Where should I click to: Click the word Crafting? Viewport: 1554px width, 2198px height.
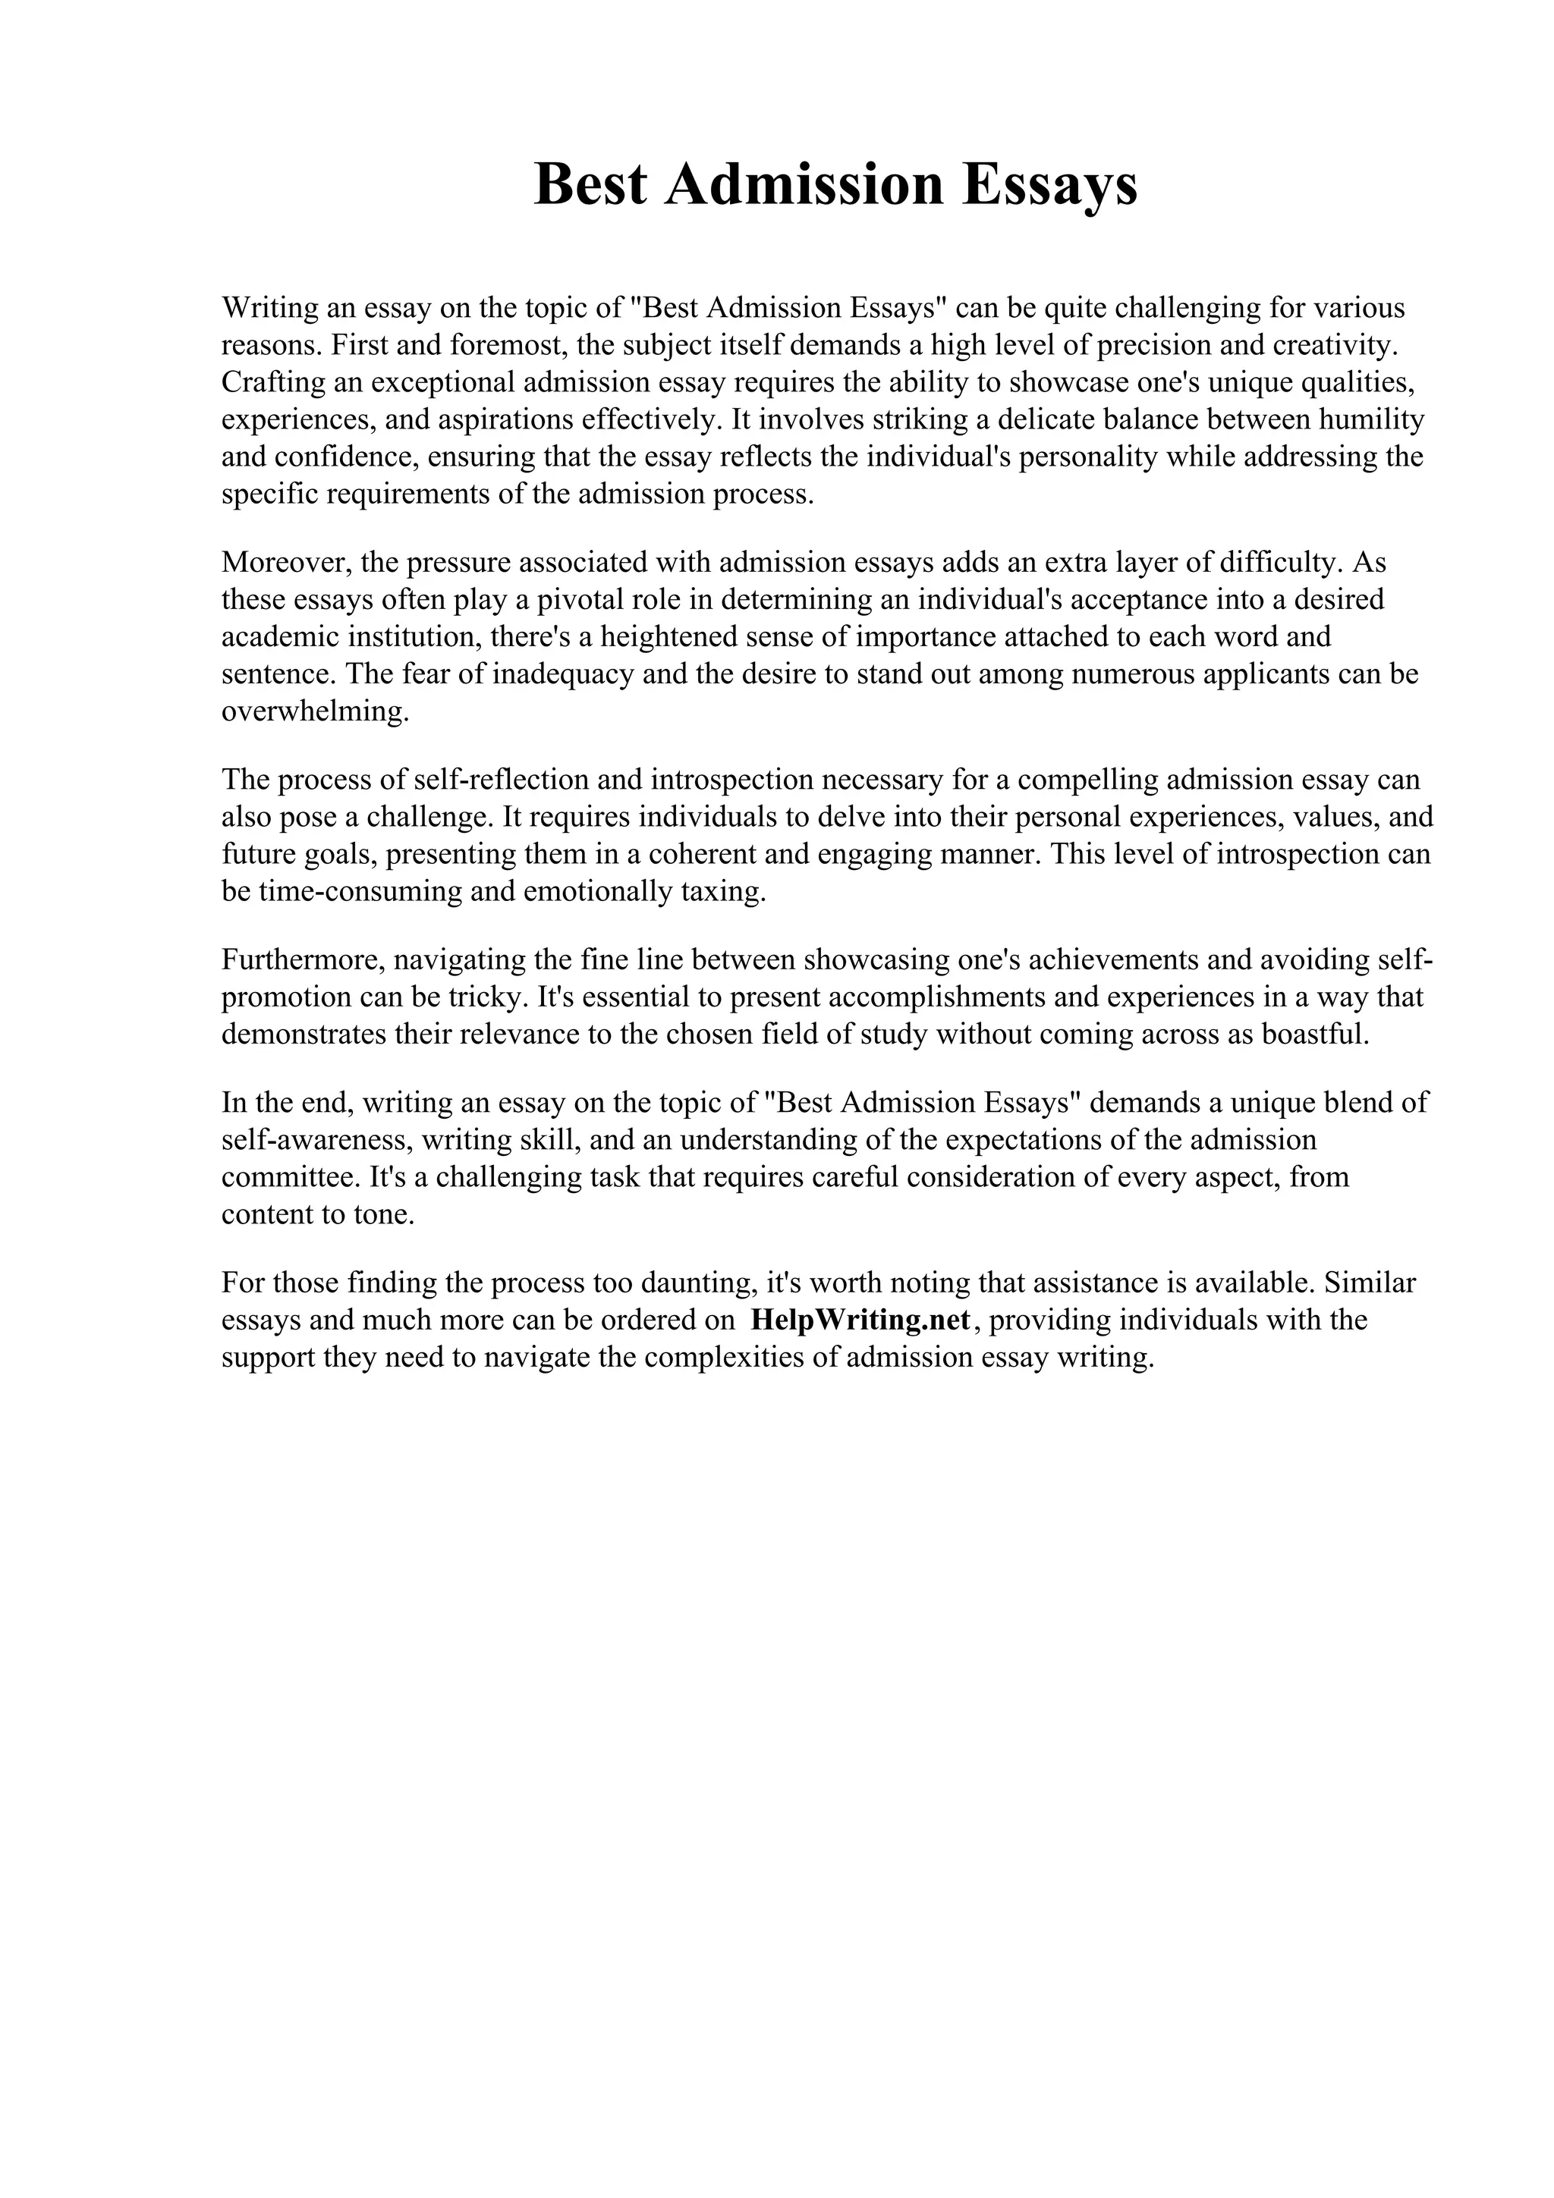coord(271,382)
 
